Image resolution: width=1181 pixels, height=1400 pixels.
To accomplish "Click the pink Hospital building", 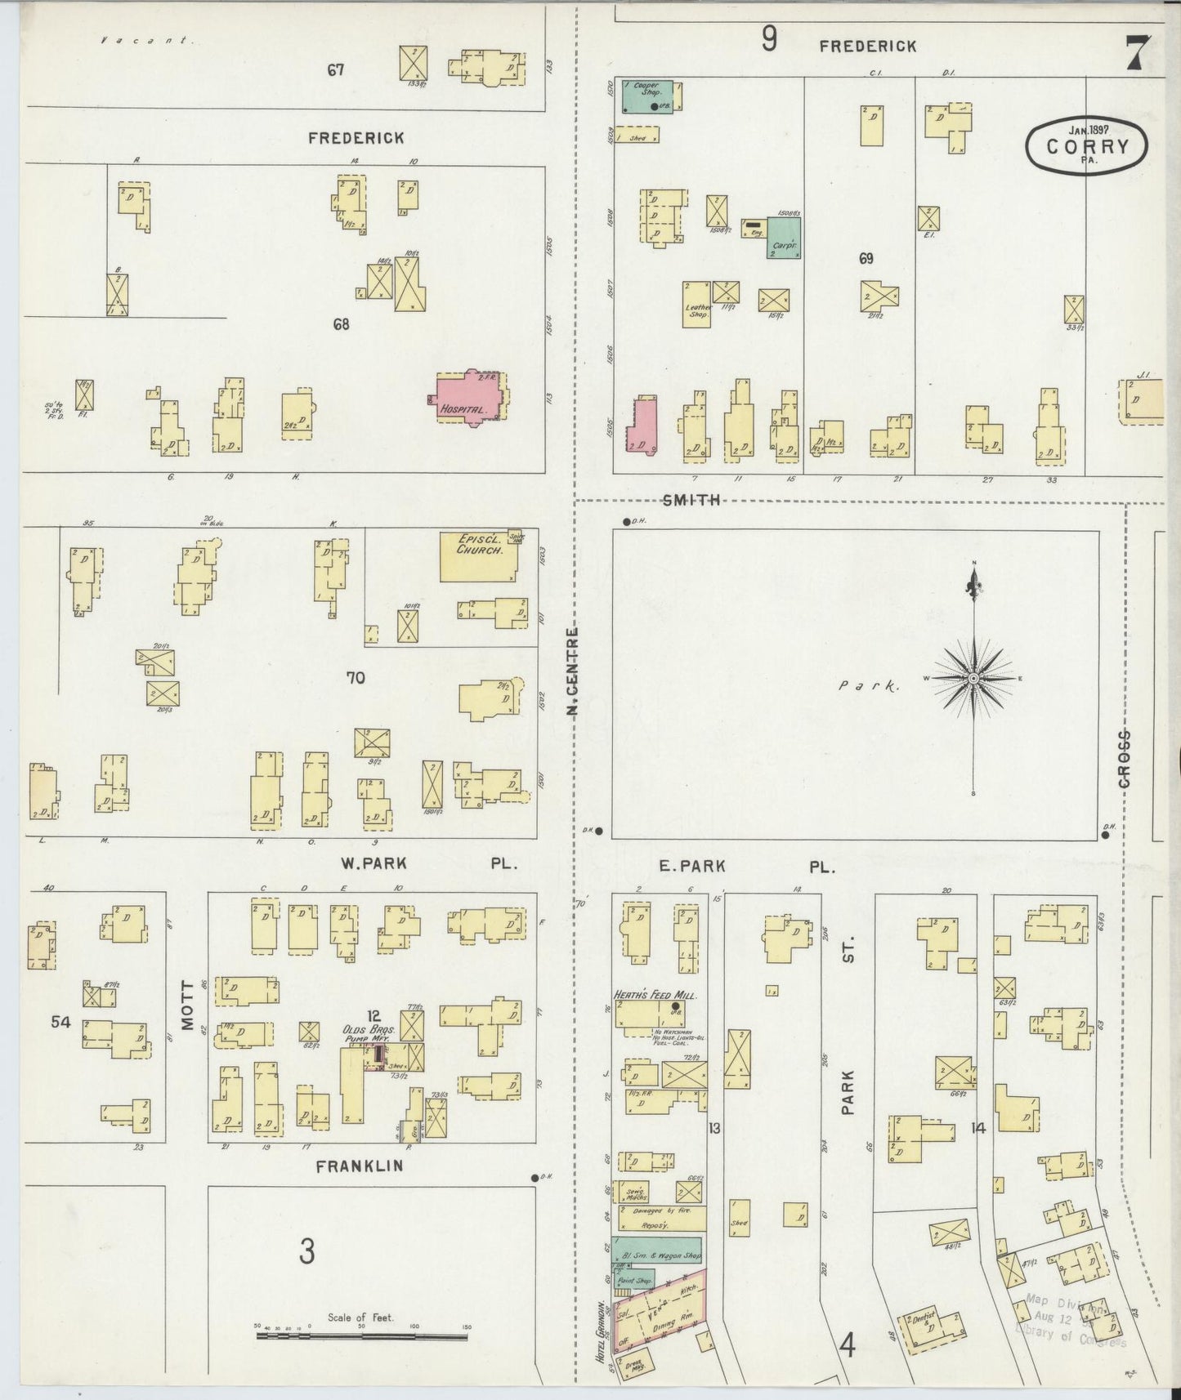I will tap(467, 400).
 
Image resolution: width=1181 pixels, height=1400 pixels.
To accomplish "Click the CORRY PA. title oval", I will tap(1087, 146).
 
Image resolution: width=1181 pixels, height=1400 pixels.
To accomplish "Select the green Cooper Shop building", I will tap(648, 96).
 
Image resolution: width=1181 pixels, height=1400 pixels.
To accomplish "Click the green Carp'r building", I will tap(784, 238).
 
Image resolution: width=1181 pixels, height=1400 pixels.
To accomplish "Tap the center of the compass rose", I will tap(974, 679).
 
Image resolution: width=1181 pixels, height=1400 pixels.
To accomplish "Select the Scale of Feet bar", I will tap(361, 1335).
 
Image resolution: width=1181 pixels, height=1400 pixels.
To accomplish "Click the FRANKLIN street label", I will tap(360, 1166).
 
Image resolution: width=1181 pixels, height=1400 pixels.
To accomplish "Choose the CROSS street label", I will tap(1125, 759).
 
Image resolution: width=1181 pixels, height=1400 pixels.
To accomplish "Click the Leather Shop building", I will tap(696, 305).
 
